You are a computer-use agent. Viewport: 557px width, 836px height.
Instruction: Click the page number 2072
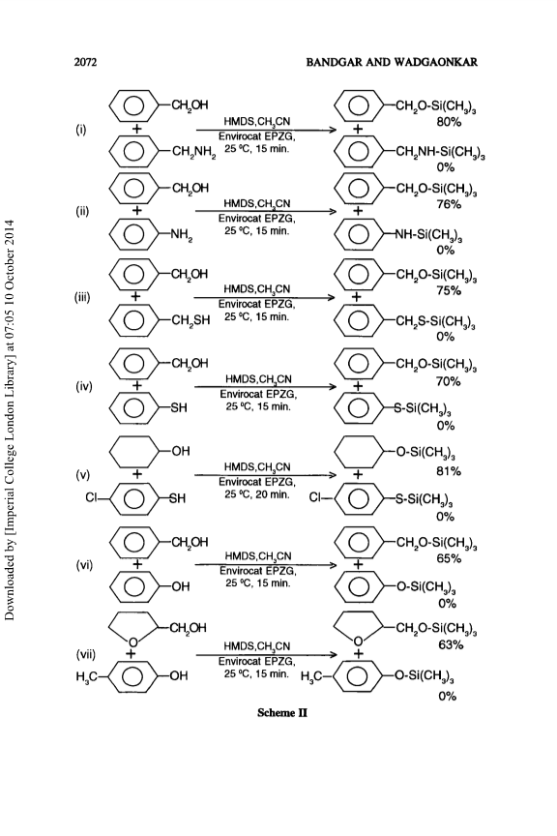(85, 62)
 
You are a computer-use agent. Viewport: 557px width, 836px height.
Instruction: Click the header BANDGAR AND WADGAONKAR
(392, 62)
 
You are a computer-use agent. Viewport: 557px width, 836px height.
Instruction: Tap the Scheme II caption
(282, 713)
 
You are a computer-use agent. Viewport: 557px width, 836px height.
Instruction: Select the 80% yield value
(449, 122)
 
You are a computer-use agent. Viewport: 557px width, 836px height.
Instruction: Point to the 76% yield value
(449, 204)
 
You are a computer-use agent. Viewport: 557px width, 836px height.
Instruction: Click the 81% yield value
(449, 471)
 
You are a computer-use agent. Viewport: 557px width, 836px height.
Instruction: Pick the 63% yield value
(451, 645)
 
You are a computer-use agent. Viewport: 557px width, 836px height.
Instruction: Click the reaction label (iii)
(82, 297)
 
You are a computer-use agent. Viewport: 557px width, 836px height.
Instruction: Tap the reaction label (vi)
(84, 565)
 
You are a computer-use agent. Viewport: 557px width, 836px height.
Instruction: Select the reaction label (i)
(80, 129)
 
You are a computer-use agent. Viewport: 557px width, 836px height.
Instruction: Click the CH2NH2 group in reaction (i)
(193, 153)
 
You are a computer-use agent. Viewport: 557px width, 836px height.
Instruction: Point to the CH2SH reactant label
(191, 320)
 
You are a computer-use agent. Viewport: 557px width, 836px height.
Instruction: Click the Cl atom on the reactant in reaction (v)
(91, 498)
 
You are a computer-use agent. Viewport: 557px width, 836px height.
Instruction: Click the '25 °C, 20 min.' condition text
(257, 494)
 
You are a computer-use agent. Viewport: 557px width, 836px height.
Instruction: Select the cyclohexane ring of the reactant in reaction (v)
(134, 452)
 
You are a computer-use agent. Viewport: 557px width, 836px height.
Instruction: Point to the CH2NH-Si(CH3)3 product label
(440, 153)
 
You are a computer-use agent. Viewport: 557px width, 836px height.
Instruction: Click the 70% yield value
(449, 381)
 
